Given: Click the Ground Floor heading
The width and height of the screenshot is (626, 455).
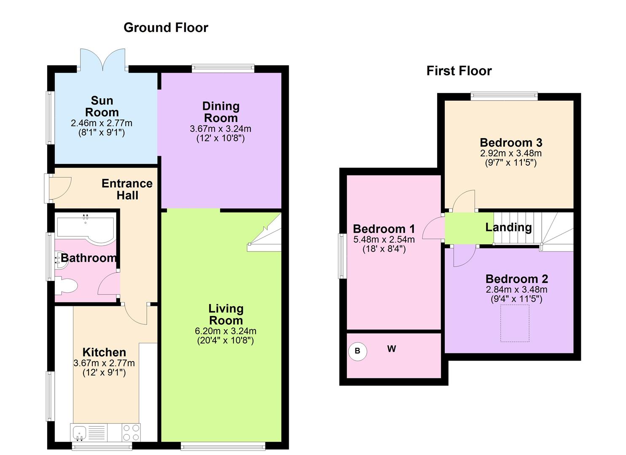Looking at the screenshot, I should [166, 28].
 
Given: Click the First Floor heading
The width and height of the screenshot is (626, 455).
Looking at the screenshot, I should [459, 71].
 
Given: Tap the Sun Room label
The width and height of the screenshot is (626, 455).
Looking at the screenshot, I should [102, 107].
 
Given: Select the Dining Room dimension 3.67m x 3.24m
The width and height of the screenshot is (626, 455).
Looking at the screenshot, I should [220, 129].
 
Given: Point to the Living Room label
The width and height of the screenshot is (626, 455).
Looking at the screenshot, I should [226, 315].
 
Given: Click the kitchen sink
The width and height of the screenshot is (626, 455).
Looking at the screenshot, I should [79, 432].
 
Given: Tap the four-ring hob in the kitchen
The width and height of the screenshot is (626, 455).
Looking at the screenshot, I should [131, 432].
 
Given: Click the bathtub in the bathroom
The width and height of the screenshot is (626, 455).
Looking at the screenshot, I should [86, 230].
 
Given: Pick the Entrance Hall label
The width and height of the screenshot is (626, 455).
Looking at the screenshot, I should [127, 190].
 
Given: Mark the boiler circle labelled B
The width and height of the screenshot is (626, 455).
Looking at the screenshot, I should [357, 351].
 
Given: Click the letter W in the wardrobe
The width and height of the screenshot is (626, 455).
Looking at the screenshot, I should [392, 349].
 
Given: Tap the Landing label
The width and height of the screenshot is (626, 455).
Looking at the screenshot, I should [508, 227].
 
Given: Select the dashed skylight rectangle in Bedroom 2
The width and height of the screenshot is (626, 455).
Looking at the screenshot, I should [514, 324].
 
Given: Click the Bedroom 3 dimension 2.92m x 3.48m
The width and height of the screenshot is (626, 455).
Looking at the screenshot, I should [510, 154].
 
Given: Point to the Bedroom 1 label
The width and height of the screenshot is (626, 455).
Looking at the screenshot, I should [384, 229].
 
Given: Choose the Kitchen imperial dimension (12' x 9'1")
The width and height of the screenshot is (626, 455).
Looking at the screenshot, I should [104, 372].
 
